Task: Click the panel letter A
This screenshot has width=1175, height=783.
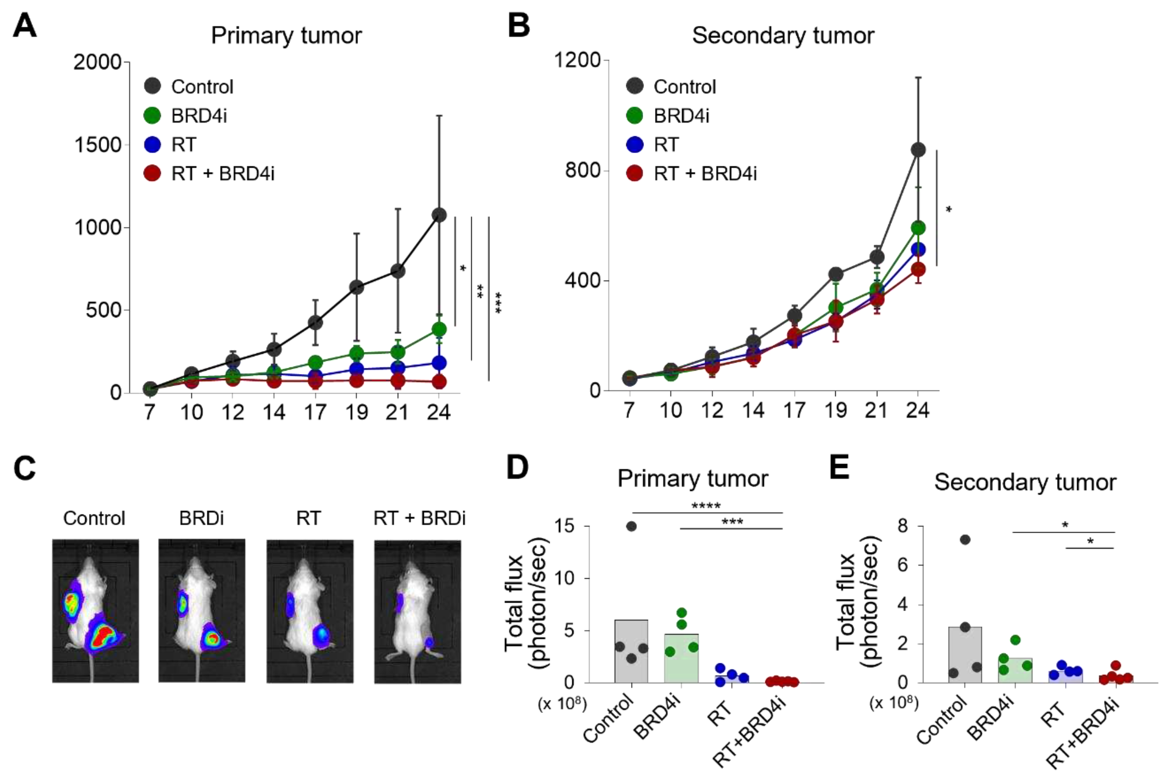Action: point(25,26)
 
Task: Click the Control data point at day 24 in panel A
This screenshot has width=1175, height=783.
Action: point(439,215)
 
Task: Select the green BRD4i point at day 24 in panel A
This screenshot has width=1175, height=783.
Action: point(439,329)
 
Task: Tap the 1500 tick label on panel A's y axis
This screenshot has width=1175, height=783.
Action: point(98,145)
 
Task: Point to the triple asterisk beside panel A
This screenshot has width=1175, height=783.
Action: point(498,302)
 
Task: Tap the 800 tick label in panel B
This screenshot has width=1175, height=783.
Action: point(583,170)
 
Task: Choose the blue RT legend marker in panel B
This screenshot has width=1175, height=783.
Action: point(634,144)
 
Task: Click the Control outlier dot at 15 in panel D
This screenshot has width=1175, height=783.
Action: point(631,526)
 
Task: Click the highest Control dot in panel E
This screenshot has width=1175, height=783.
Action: point(965,540)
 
